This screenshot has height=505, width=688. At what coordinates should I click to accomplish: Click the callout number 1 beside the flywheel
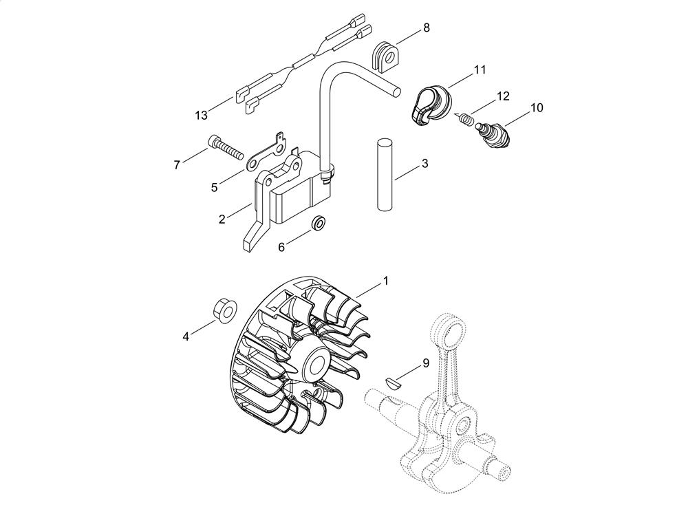(386, 280)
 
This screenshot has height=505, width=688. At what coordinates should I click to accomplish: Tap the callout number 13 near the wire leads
(201, 116)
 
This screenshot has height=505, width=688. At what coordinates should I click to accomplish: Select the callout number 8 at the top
(426, 28)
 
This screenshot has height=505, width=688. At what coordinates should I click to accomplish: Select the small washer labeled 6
(318, 223)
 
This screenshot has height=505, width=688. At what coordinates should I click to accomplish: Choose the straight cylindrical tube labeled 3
(385, 175)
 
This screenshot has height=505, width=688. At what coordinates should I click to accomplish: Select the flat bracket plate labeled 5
(266, 154)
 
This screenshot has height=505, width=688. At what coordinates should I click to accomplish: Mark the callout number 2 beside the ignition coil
(222, 219)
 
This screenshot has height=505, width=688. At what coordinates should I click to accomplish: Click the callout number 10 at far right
(537, 107)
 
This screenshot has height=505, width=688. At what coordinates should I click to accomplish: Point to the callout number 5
(214, 187)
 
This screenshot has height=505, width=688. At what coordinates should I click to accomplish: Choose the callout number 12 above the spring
(503, 96)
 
